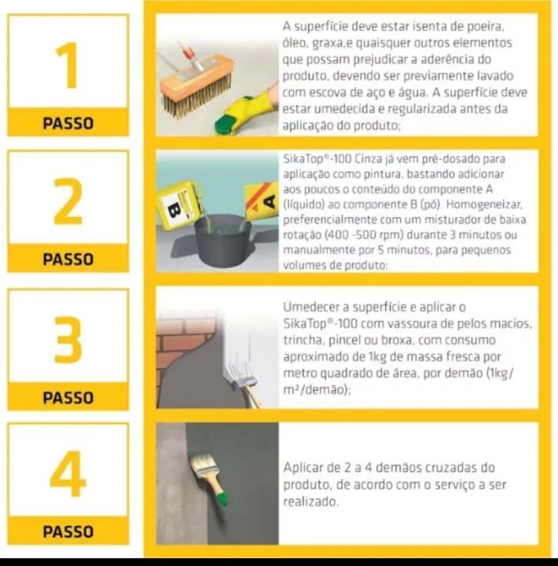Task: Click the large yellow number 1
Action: pyautogui.click(x=68, y=65)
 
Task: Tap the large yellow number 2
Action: pyautogui.click(x=68, y=201)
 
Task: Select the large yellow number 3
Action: pyautogui.click(x=68, y=340)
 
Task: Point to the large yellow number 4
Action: pyautogui.click(x=68, y=473)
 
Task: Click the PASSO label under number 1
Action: pyautogui.click(x=68, y=123)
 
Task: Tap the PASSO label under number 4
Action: pyautogui.click(x=68, y=531)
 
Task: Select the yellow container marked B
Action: pyautogui.click(x=179, y=204)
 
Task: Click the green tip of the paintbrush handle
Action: pyautogui.click(x=222, y=500)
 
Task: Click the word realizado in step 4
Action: pyautogui.click(x=310, y=502)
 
